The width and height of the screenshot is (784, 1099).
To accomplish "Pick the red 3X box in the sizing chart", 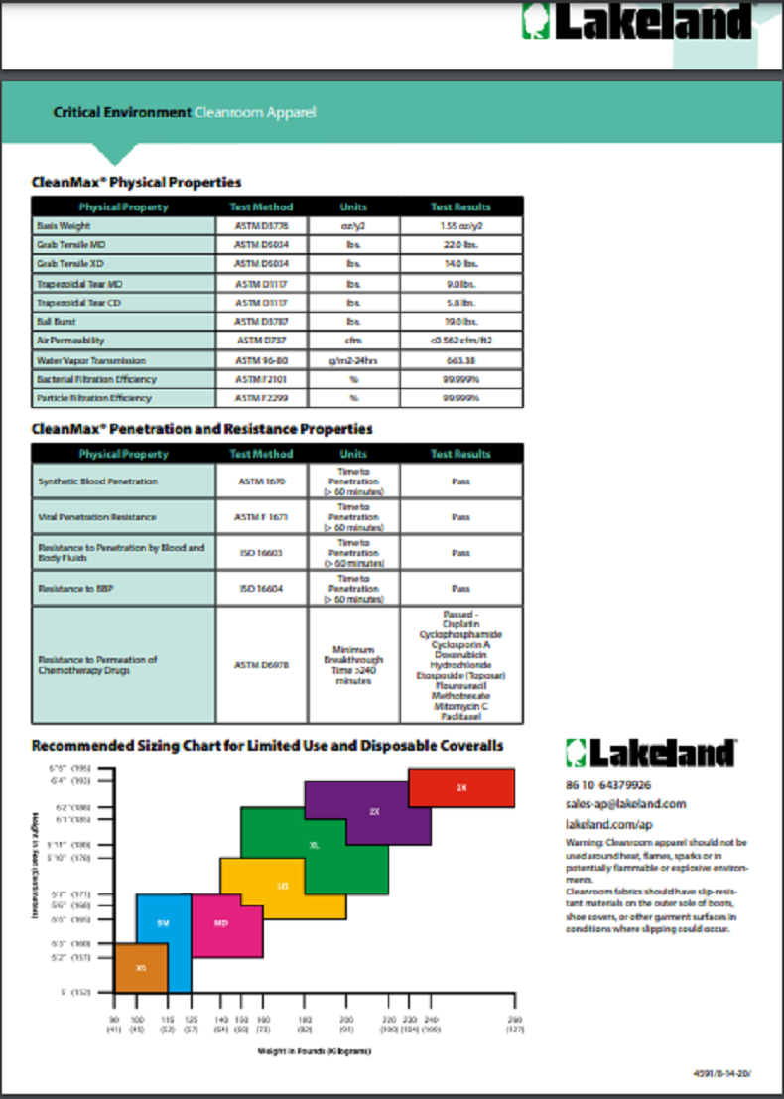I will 461,787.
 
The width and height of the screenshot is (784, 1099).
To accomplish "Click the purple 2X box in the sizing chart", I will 374,812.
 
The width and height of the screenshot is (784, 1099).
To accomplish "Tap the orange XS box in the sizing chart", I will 140,967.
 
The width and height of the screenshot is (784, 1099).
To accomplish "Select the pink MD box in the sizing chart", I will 222,923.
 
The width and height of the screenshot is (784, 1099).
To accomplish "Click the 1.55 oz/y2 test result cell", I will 461,226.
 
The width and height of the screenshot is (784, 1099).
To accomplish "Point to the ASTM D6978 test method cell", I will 261,665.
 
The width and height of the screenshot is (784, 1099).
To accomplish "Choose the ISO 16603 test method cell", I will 261,552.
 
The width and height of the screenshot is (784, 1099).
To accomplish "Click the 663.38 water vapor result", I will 461,360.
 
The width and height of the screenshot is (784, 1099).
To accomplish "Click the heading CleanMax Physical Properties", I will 137,182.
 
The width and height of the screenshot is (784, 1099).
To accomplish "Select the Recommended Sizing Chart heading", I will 267,746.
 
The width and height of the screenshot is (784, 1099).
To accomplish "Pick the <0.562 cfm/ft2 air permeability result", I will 461,341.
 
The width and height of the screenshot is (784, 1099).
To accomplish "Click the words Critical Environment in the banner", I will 121,112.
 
